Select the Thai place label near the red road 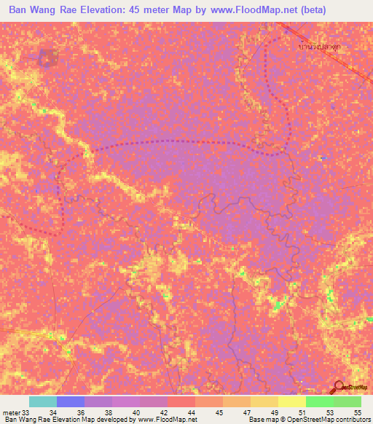click(319, 47)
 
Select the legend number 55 click(357, 413)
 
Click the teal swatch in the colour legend click(43, 401)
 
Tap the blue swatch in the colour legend click(71, 401)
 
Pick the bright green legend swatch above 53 click(319, 401)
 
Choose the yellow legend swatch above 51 click(291, 401)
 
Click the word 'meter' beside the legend click(10, 413)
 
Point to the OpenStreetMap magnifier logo click(339, 387)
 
